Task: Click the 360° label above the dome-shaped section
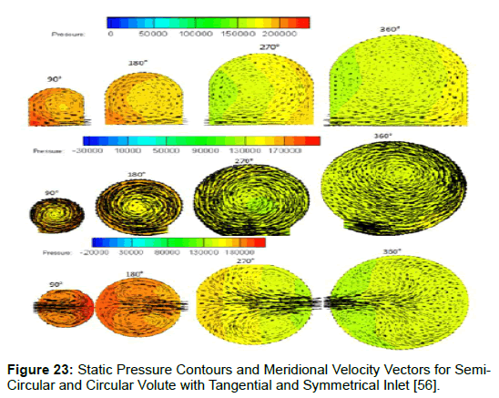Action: point(390,29)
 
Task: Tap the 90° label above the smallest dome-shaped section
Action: point(54,79)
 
